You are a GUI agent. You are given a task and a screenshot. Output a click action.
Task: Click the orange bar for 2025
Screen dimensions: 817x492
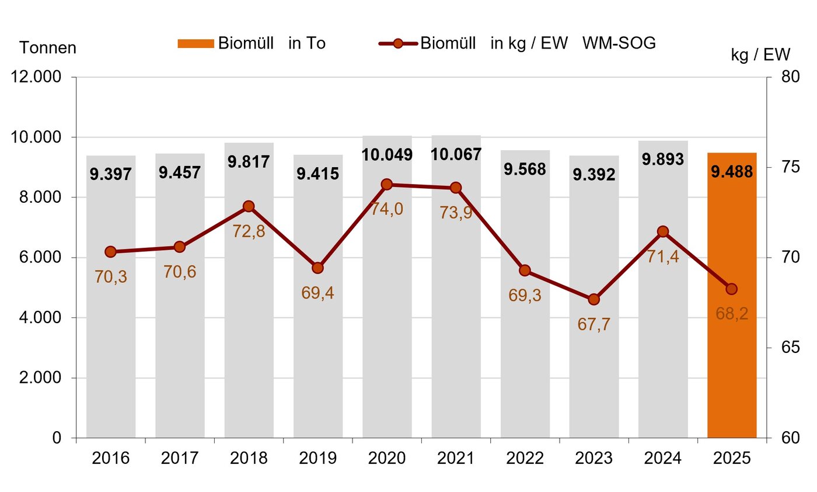point(732,295)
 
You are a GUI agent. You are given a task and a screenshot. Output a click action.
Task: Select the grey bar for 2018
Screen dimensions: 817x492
point(249,290)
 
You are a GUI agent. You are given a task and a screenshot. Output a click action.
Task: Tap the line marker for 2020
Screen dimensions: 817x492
point(386,185)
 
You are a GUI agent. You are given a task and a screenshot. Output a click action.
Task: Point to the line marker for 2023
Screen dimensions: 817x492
point(594,300)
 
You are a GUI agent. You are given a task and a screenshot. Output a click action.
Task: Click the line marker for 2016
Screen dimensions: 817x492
point(110,252)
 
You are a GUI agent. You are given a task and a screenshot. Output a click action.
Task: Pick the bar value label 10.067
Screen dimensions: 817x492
point(456,154)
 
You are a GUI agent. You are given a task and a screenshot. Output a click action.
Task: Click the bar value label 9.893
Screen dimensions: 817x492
point(663,160)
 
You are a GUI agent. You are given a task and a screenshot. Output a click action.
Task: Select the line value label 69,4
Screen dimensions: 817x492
point(317,293)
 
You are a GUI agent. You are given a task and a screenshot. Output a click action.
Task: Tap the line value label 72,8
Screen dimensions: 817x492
point(249,231)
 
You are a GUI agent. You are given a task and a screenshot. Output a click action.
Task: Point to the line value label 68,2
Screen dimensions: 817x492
point(732,314)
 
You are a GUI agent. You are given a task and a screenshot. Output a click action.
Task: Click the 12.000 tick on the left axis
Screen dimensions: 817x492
point(36,77)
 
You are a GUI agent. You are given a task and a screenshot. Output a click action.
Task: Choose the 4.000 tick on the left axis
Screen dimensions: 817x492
point(40,317)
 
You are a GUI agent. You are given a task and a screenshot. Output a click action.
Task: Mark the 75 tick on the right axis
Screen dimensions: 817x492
point(791,167)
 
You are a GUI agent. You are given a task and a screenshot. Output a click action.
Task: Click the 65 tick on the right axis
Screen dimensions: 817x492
point(791,347)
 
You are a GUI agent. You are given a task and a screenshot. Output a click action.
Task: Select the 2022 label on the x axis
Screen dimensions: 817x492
point(525,458)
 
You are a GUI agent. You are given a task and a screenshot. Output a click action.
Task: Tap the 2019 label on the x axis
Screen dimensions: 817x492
point(317,458)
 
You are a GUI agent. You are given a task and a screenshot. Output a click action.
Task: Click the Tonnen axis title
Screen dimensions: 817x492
point(48,48)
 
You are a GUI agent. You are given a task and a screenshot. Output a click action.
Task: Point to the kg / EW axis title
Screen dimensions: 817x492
point(760,55)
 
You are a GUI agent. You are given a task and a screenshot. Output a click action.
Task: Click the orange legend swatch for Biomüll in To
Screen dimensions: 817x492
point(196,44)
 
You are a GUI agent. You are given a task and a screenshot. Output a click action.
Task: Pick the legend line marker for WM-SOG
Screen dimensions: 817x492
point(398,44)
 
